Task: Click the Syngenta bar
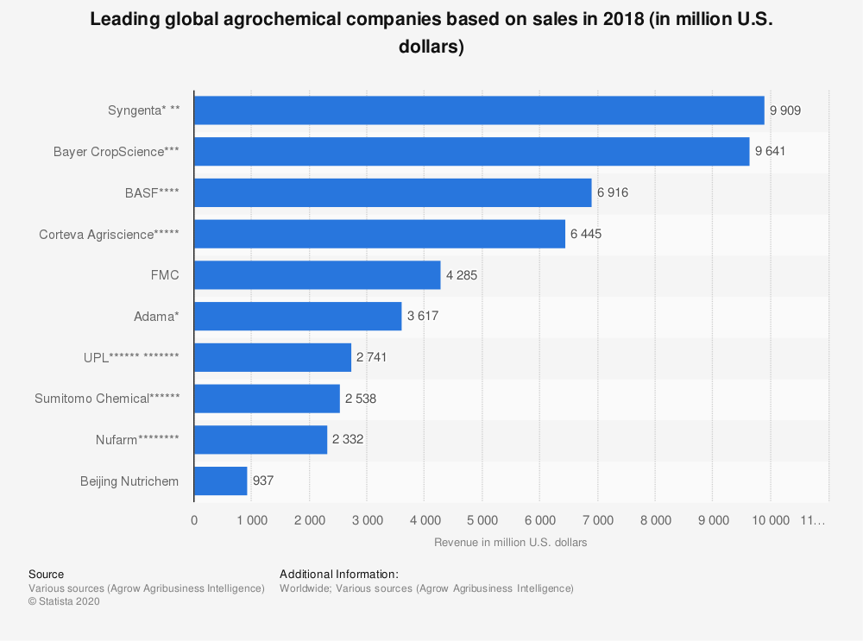click(x=479, y=110)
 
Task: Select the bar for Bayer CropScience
click(x=471, y=152)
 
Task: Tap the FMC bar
click(x=317, y=275)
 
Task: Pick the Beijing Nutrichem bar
click(x=220, y=481)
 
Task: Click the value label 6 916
click(x=613, y=193)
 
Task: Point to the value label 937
click(x=263, y=481)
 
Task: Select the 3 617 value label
click(x=423, y=317)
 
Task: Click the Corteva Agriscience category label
click(x=109, y=234)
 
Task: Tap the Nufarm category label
click(x=137, y=440)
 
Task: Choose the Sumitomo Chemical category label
click(x=107, y=399)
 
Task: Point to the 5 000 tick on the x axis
click(x=482, y=520)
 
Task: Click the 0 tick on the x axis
click(x=194, y=520)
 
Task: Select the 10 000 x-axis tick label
click(x=771, y=520)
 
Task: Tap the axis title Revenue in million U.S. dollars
click(x=510, y=543)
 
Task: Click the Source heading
click(x=46, y=575)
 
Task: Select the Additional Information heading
click(x=339, y=575)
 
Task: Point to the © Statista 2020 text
click(x=64, y=602)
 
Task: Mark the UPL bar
click(x=273, y=357)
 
